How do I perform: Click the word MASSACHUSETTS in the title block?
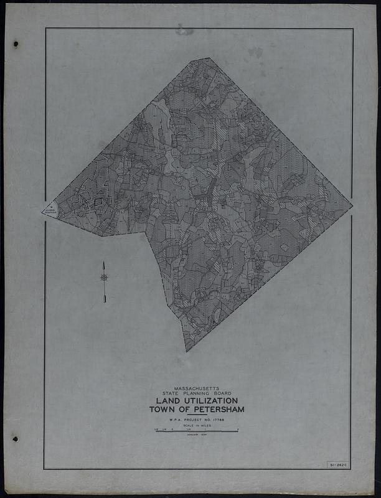click(x=197, y=388)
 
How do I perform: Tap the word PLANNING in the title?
click(x=197, y=393)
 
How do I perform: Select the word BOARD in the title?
click(x=222, y=393)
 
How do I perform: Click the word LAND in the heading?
click(x=164, y=401)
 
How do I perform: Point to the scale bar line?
click(x=197, y=430)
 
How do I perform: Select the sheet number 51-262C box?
click(x=337, y=464)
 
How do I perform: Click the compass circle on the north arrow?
click(x=104, y=278)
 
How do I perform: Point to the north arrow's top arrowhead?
click(x=104, y=264)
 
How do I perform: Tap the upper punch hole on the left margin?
click(x=16, y=44)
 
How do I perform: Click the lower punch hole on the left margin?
click(x=16, y=439)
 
